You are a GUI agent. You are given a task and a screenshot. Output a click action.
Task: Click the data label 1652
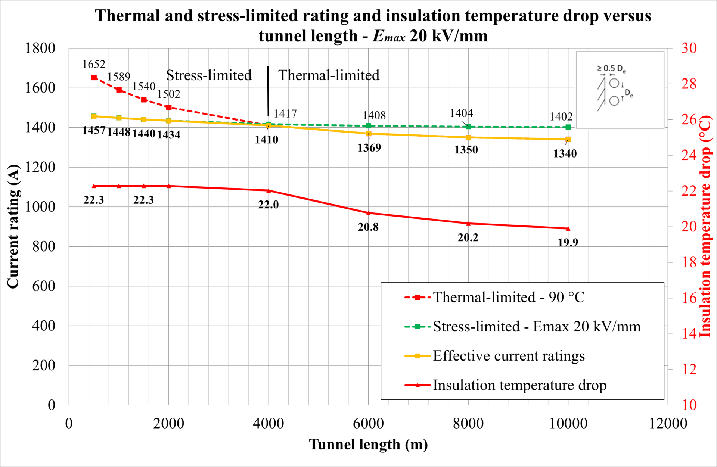point(94,65)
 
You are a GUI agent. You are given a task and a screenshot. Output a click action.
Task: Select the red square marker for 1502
point(169,108)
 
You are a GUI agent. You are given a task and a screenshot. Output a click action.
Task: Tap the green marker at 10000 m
point(568,127)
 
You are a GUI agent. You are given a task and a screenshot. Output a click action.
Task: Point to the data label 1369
point(369,148)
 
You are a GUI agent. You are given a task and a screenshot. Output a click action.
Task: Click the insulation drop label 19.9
point(568,243)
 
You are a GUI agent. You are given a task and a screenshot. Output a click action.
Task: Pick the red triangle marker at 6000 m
point(369,213)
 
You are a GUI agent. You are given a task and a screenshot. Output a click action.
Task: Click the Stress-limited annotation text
point(209,75)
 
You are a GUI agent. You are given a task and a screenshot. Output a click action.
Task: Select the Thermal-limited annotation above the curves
point(329,75)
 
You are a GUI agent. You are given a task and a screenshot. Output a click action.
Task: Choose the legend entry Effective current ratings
point(508,356)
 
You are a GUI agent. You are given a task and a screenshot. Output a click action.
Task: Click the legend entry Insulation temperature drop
point(519,385)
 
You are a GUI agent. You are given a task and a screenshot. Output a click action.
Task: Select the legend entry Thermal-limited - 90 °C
point(508,297)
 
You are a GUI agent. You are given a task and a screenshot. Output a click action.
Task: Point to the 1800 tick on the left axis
point(40,48)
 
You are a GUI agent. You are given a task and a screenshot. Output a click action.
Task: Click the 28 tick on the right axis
point(689,84)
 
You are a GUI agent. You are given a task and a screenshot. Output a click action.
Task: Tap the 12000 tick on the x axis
point(668,424)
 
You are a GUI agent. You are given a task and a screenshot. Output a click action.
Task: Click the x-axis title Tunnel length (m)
point(368,445)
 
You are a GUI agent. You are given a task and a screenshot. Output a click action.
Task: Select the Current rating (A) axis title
point(13,226)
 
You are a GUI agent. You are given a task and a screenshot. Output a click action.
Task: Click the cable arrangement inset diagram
point(620,90)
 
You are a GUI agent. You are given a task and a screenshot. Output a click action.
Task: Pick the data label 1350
point(466,150)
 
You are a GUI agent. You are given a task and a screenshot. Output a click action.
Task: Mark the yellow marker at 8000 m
point(468,138)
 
